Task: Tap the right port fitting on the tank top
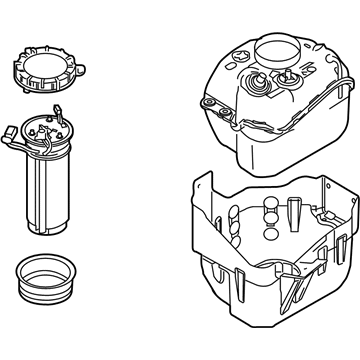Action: pos(288,75)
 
